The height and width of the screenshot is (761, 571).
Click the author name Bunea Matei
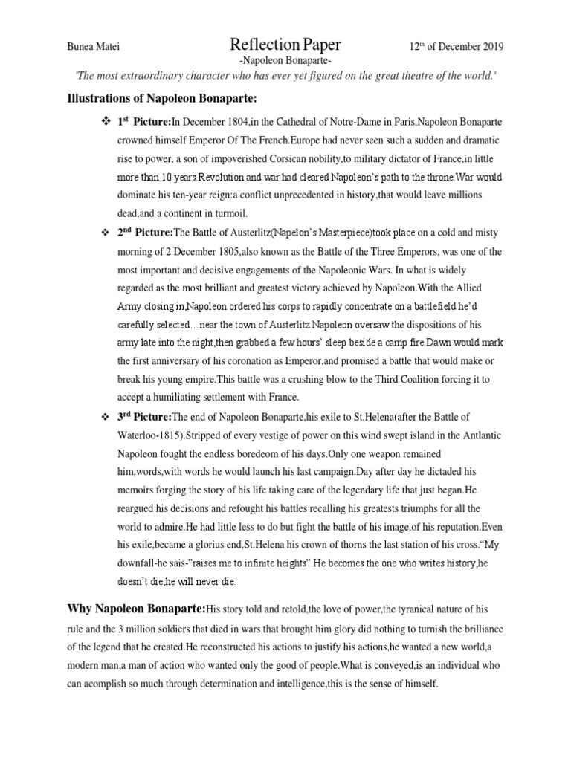click(93, 47)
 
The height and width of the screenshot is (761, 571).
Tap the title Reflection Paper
click(286, 45)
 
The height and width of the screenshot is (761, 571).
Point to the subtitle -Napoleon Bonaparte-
click(285, 62)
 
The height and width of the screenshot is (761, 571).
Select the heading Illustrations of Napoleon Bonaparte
click(161, 99)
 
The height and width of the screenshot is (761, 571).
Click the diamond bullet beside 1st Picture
click(104, 120)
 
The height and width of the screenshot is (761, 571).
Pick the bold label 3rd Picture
click(143, 416)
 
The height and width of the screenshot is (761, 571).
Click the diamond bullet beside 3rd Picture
click(104, 416)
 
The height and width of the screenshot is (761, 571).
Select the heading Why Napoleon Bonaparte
click(137, 609)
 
